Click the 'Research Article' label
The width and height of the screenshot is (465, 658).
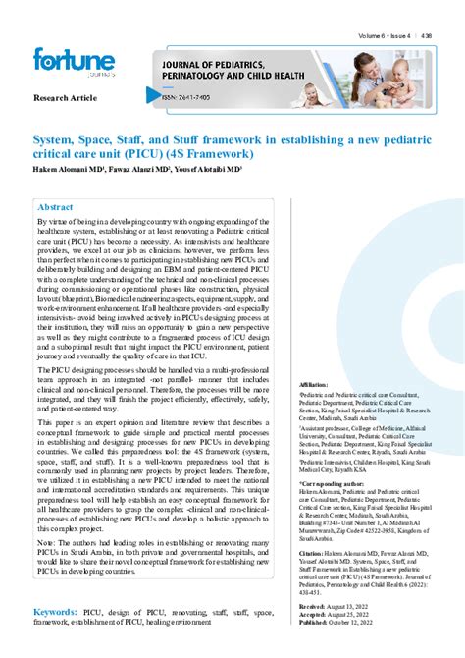66,99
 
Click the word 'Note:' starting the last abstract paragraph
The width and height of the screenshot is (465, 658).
47,542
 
